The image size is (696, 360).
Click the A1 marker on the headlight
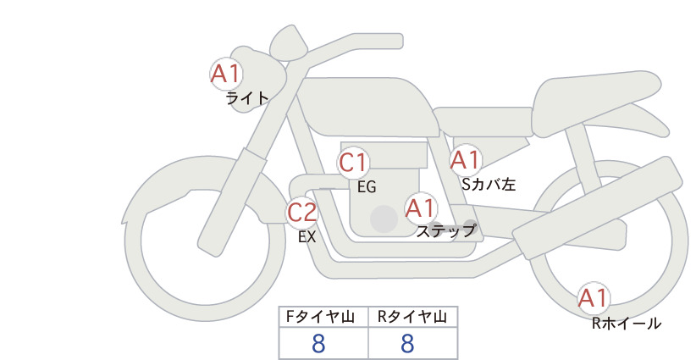click(x=226, y=74)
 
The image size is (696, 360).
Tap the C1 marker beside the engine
click(x=353, y=163)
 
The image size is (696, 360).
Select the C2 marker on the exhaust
click(x=301, y=212)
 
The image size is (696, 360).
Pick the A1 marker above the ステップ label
click(x=421, y=208)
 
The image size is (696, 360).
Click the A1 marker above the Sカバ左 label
click(x=466, y=160)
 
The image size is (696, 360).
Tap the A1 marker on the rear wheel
click(x=593, y=298)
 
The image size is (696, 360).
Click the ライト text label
click(x=247, y=98)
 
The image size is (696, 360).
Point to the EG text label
click(x=367, y=187)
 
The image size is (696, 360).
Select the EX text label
click(x=307, y=237)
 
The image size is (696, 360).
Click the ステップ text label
click(x=445, y=231)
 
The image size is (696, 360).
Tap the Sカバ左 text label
click(x=489, y=184)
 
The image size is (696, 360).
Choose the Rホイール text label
click(x=627, y=324)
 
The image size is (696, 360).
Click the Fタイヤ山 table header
click(x=320, y=317)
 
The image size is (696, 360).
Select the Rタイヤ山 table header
click(x=412, y=317)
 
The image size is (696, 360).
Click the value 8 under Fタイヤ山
click(x=318, y=343)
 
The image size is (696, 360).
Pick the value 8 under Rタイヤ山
click(x=407, y=343)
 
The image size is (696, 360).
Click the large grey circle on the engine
click(x=384, y=219)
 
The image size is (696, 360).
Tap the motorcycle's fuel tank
click(x=368, y=107)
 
